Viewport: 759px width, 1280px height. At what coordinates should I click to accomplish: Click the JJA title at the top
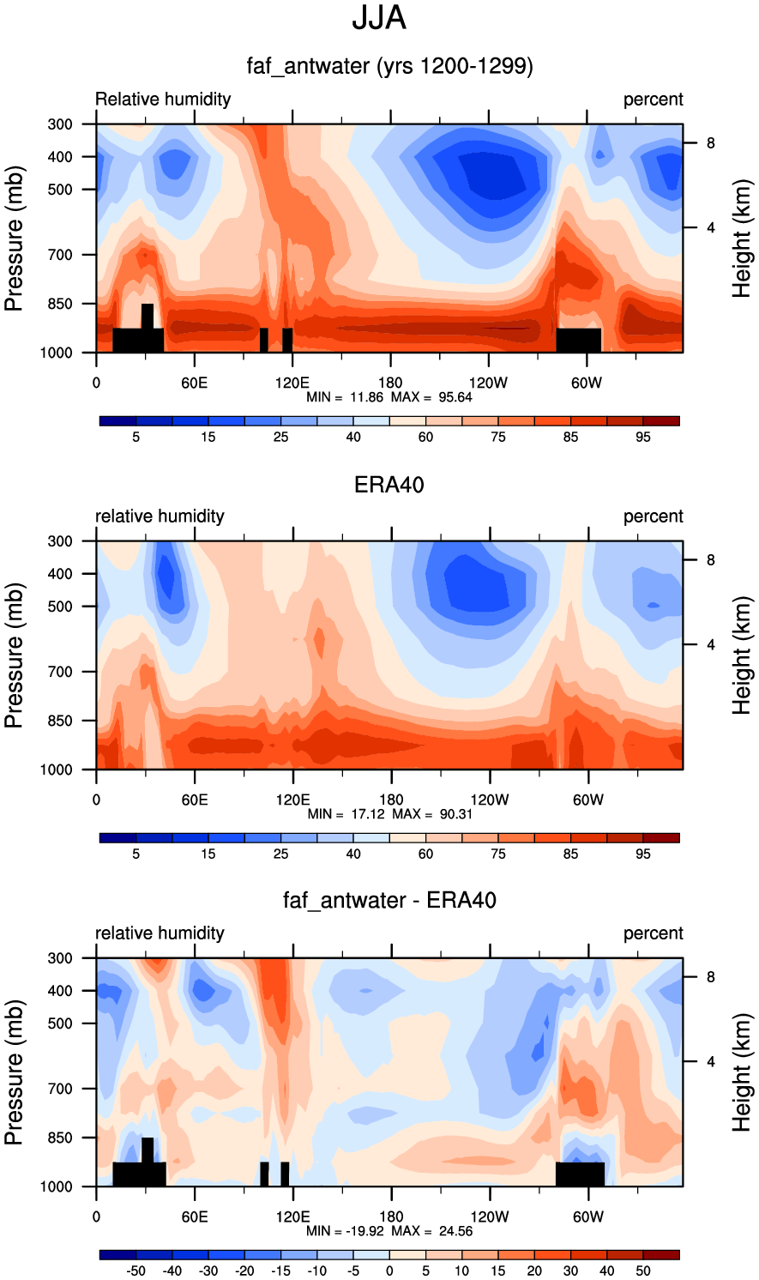click(379, 18)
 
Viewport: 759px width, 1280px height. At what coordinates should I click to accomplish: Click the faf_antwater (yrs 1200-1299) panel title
click(389, 66)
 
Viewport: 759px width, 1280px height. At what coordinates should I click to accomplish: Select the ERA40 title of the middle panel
click(389, 485)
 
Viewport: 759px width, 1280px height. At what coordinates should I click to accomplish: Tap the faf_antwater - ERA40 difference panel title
click(389, 900)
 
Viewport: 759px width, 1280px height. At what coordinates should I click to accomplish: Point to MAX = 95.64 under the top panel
click(431, 397)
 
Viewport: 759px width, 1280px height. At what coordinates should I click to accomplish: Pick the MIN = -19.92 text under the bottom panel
click(345, 1230)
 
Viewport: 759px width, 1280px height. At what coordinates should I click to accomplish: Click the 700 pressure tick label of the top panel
click(60, 255)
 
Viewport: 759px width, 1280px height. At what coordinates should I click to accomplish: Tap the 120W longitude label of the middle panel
click(489, 800)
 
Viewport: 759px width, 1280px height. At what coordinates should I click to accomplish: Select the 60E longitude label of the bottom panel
click(195, 1216)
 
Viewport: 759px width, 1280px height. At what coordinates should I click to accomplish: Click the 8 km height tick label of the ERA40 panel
click(710, 560)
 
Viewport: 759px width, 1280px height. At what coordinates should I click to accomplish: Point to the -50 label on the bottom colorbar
click(136, 1271)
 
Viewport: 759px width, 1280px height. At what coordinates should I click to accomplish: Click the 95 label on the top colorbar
click(643, 438)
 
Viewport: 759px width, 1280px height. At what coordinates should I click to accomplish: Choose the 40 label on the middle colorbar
click(353, 854)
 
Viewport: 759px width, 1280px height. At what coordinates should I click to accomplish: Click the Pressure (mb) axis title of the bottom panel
click(15, 1072)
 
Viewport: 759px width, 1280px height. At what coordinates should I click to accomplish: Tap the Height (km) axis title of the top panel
click(742, 238)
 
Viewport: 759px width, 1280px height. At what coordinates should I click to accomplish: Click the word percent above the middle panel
click(653, 516)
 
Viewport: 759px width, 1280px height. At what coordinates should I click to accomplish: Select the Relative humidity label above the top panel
click(163, 99)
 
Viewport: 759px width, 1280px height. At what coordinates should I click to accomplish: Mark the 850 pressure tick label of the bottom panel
click(60, 1138)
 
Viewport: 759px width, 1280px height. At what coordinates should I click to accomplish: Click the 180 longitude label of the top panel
click(390, 383)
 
